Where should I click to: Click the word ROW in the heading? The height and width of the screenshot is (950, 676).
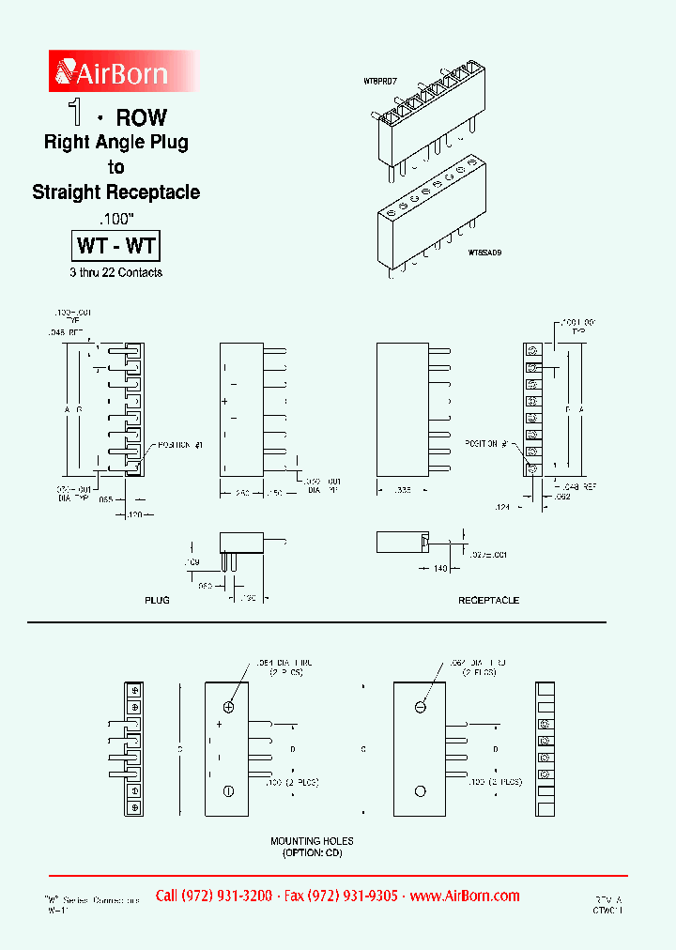click(x=141, y=117)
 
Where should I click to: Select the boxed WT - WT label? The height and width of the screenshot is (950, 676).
click(x=116, y=247)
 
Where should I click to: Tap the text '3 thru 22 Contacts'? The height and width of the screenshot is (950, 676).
click(x=116, y=272)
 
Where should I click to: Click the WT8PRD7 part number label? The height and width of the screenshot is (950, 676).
click(x=380, y=82)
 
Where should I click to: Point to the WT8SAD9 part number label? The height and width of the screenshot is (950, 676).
click(x=485, y=253)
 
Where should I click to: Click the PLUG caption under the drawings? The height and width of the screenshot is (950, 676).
click(x=157, y=600)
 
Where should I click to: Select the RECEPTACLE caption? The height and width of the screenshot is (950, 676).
click(x=488, y=600)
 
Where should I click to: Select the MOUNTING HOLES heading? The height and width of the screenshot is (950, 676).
click(x=312, y=841)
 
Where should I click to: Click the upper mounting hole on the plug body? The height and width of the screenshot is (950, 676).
click(x=228, y=707)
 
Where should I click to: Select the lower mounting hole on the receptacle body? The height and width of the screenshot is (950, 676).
click(x=421, y=791)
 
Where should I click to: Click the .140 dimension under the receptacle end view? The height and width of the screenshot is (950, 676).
click(x=438, y=569)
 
